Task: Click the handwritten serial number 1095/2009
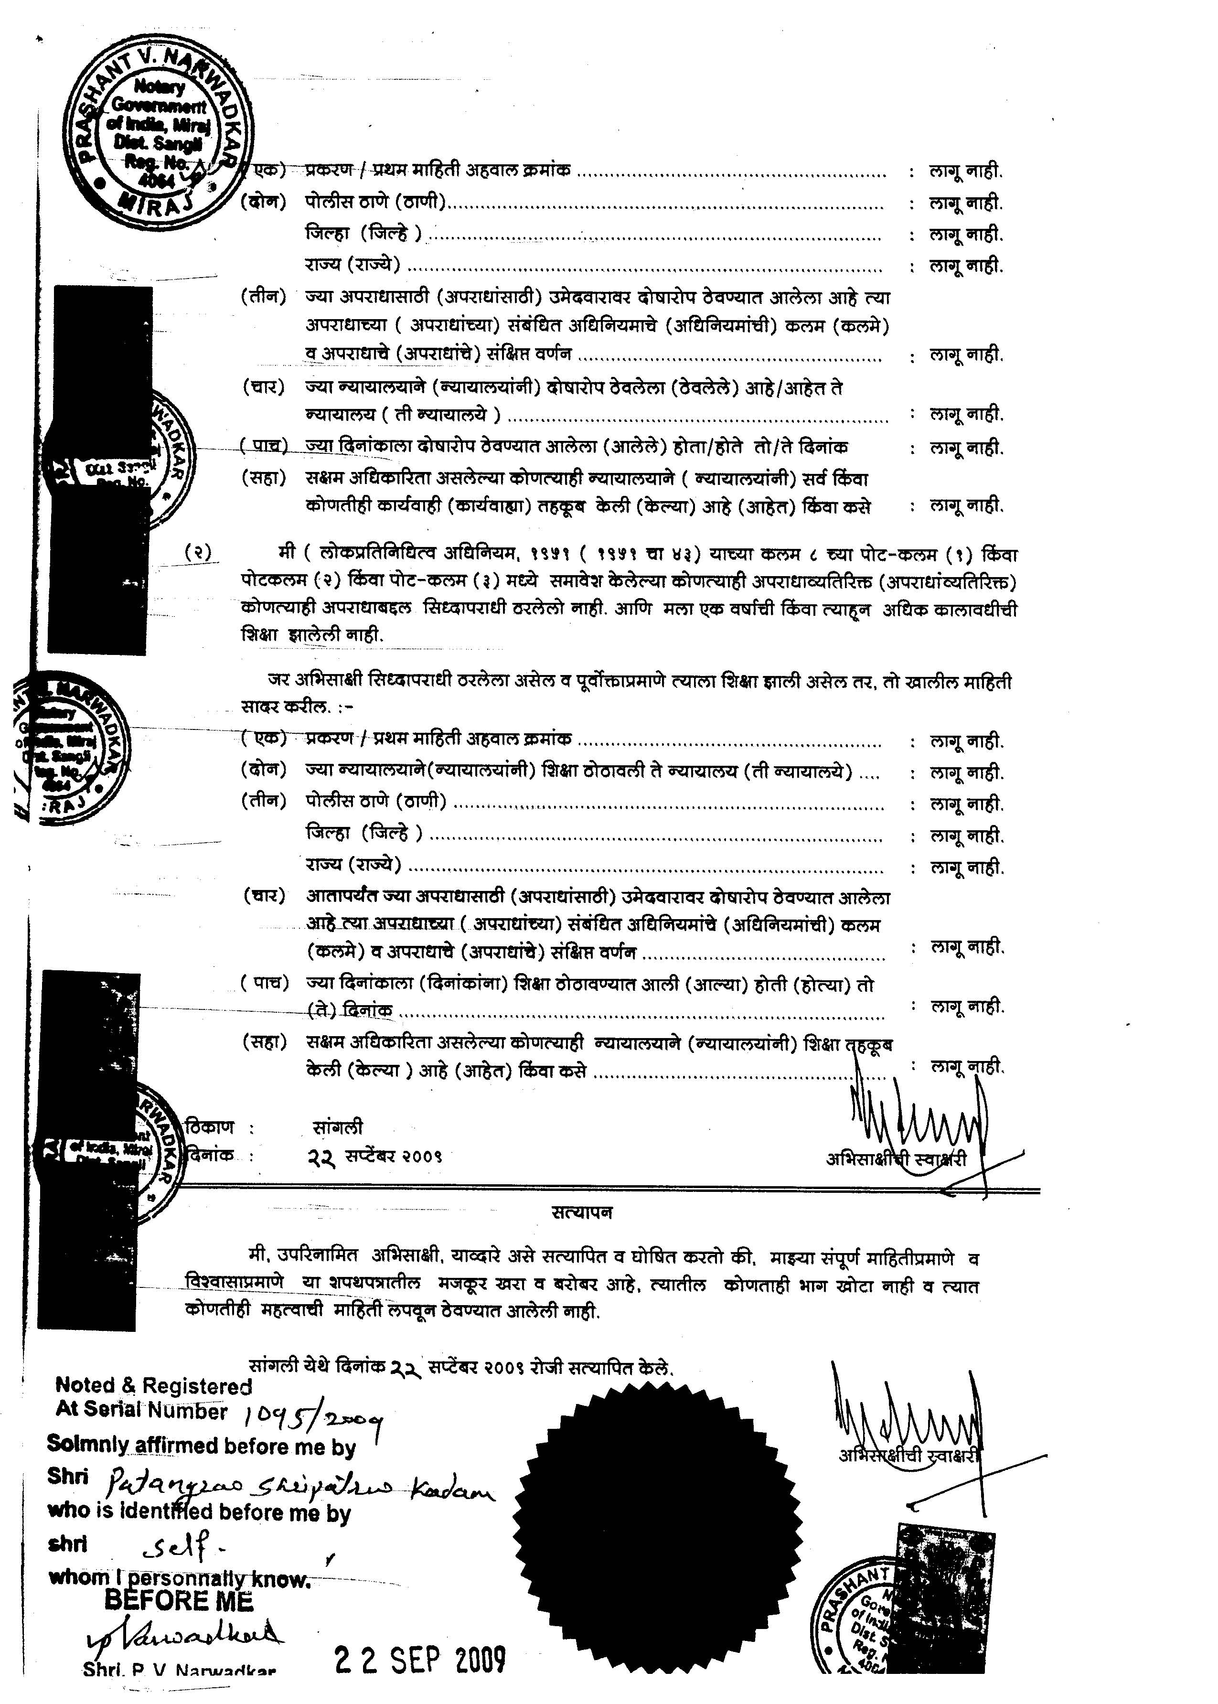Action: tap(313, 1416)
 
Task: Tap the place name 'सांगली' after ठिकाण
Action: tap(338, 1128)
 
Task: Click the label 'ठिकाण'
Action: tap(212, 1127)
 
